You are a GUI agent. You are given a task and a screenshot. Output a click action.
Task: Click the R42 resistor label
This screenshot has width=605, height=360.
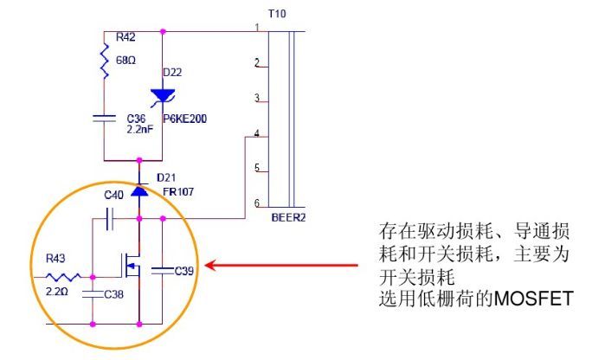click(126, 38)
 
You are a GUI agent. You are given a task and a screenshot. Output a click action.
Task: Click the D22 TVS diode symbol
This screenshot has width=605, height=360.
click(163, 95)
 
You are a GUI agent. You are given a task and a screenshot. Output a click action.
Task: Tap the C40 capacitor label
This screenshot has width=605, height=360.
click(113, 196)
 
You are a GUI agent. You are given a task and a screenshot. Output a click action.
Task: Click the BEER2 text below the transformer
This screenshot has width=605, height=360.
click(288, 218)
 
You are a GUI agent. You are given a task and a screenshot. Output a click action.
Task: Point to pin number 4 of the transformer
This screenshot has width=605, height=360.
click(256, 133)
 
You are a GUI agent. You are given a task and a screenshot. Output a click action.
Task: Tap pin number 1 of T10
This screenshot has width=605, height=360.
click(257, 29)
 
